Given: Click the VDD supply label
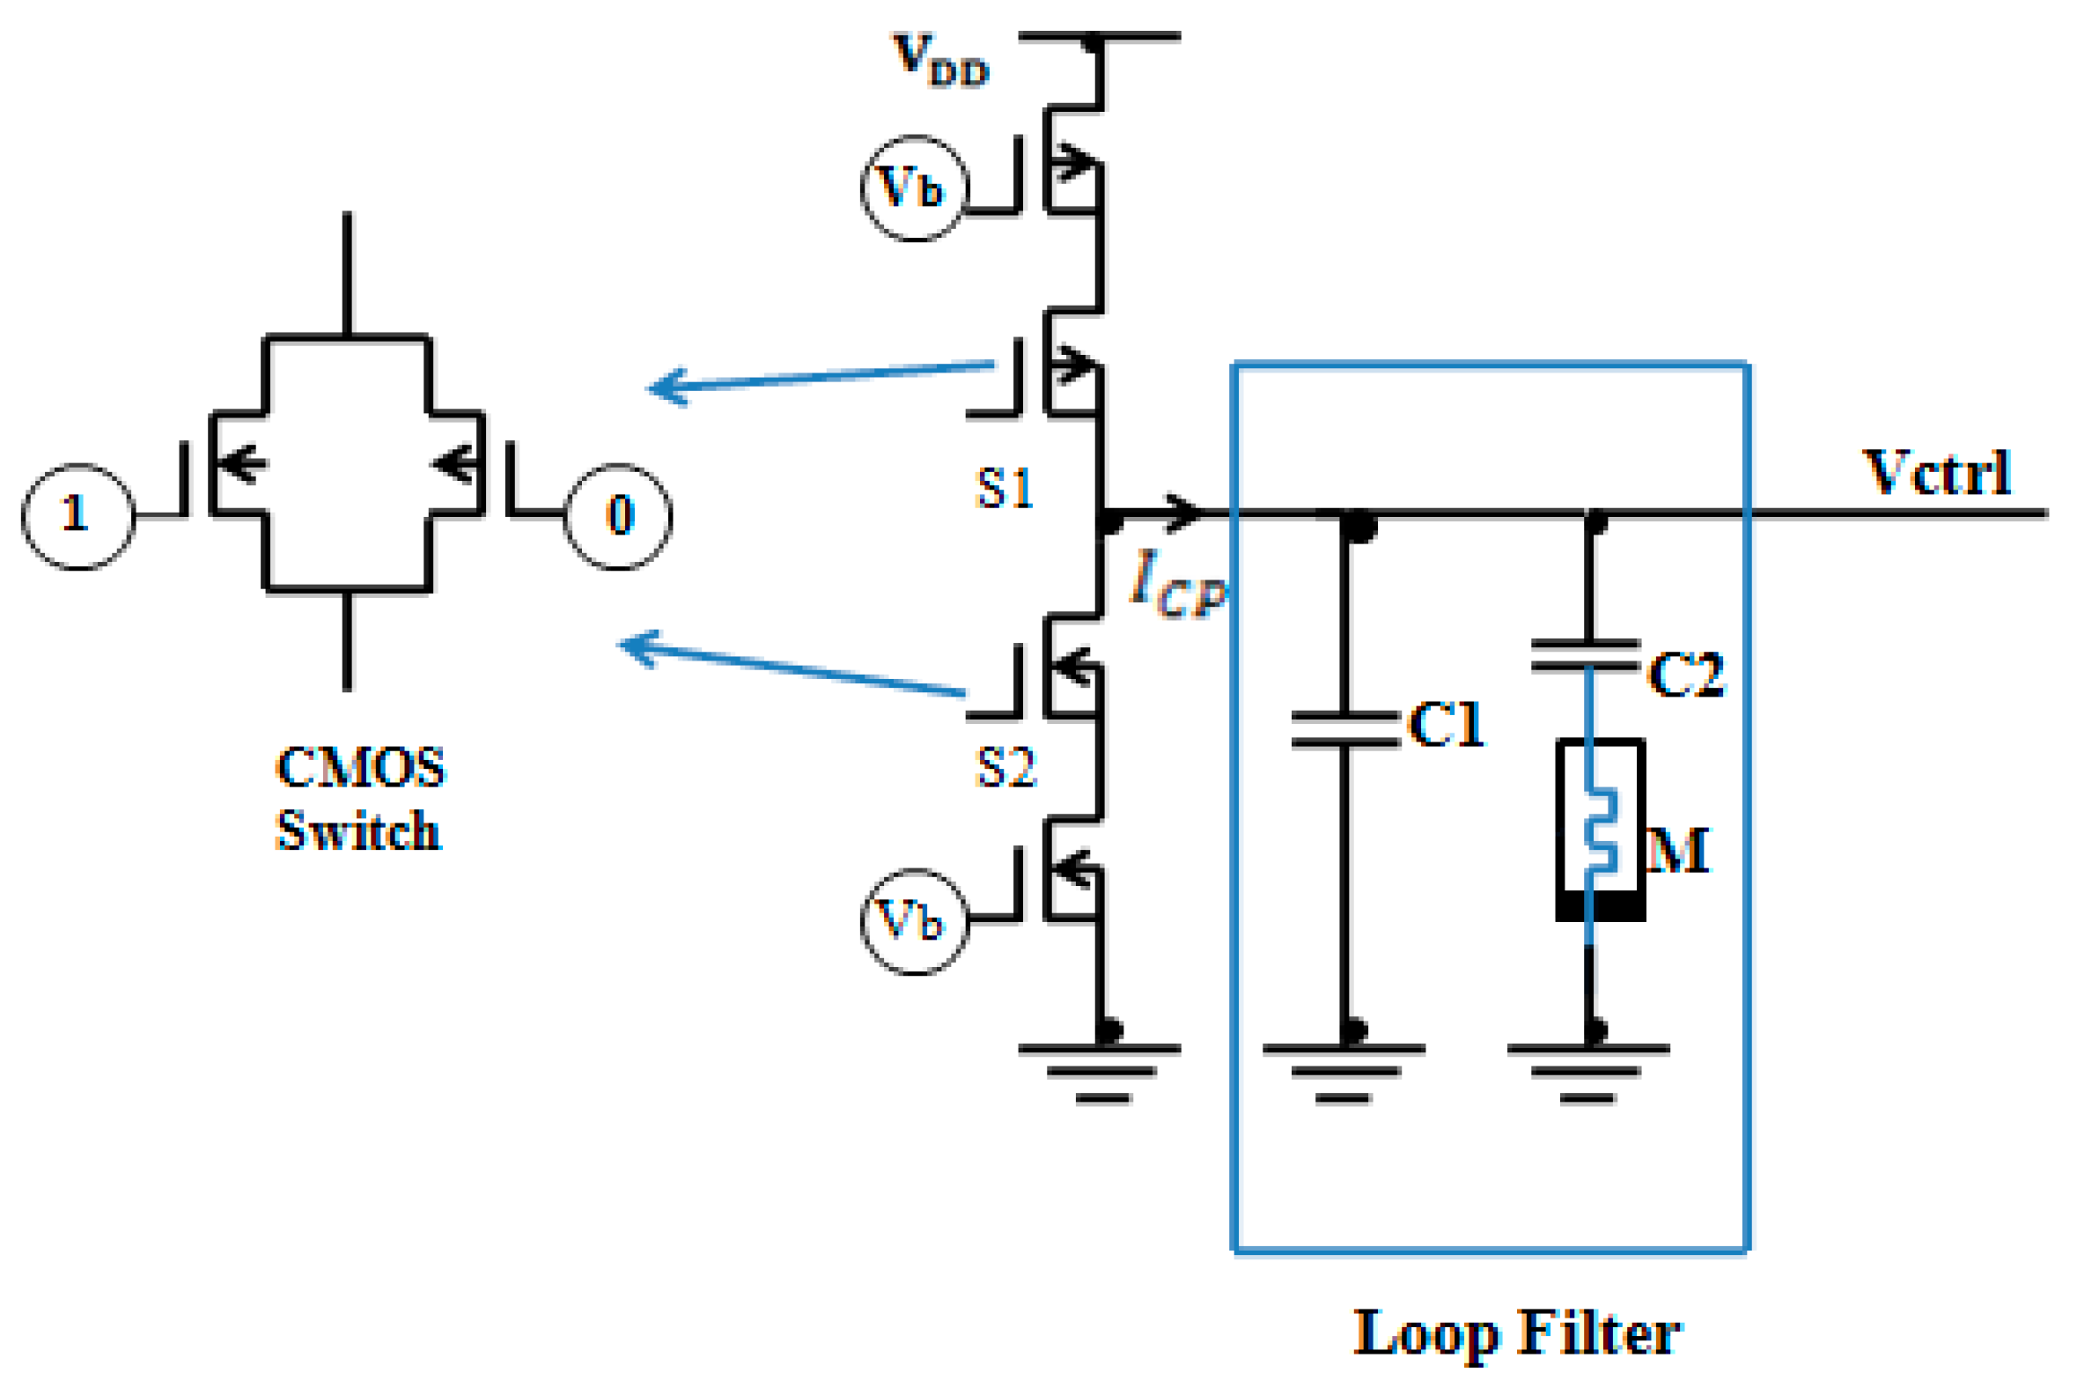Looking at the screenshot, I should (x=940, y=61).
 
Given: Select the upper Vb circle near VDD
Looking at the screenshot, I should (x=914, y=188).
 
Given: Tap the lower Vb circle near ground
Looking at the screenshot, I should (x=914, y=922).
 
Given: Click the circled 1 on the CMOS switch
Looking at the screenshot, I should (x=78, y=516).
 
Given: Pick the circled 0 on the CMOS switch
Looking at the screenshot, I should (x=618, y=516).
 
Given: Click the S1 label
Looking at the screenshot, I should (x=1005, y=489).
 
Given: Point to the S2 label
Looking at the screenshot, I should (x=1006, y=767).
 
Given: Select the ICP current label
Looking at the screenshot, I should (x=1177, y=584).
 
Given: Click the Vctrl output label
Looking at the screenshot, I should (x=1936, y=472).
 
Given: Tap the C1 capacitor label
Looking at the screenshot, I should (x=1447, y=723).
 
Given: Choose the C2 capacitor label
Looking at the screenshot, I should (x=1685, y=674).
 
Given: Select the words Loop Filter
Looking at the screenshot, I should (x=1517, y=1332).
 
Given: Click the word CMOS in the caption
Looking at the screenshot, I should (x=360, y=767).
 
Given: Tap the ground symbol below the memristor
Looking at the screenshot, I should (x=1587, y=1072).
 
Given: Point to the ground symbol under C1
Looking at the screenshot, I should (x=1344, y=1072).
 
